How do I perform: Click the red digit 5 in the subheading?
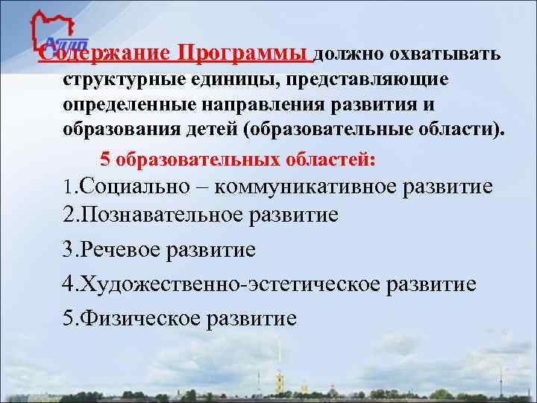click(105, 160)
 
